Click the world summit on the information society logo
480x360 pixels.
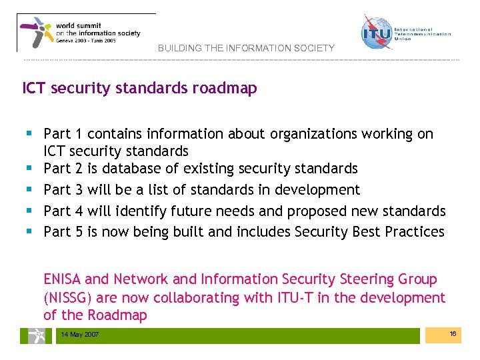(x=85, y=32)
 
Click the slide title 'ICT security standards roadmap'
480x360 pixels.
(x=139, y=88)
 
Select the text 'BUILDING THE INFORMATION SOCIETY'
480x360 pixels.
(x=246, y=49)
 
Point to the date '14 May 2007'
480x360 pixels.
(x=79, y=334)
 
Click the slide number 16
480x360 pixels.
(x=453, y=333)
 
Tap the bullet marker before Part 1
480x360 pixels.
(x=30, y=133)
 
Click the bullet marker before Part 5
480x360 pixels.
(x=30, y=232)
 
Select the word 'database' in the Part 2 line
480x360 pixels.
(x=137, y=168)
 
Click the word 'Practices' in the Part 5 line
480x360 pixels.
(x=412, y=231)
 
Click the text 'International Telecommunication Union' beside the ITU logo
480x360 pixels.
(x=422, y=34)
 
